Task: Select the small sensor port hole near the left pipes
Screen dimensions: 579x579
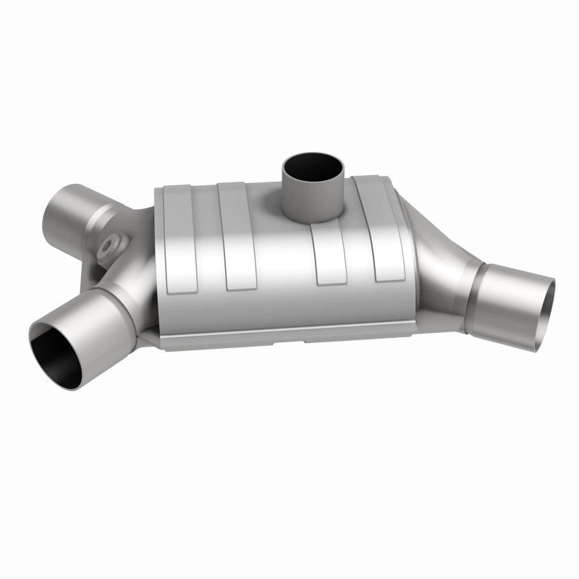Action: (110, 246)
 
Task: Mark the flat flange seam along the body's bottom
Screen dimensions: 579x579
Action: (289, 339)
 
